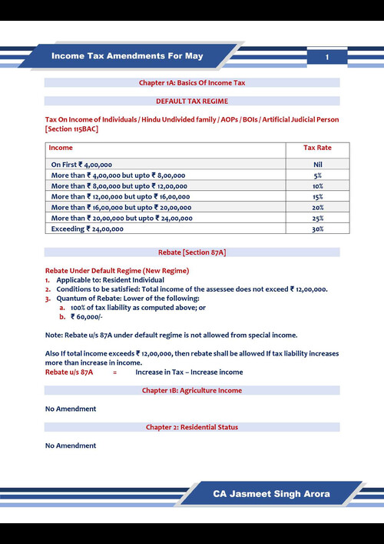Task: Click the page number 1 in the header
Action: (327, 58)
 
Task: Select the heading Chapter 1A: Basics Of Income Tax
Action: (191, 82)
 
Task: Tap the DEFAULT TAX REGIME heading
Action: (191, 101)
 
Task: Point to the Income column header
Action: (61, 147)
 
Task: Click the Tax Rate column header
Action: (317, 147)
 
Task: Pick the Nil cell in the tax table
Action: (317, 165)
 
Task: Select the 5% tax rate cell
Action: (317, 175)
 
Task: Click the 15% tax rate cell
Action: (317, 197)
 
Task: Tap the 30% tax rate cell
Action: (317, 229)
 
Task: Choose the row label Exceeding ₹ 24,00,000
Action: (81, 229)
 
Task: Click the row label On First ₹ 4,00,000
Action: (81, 165)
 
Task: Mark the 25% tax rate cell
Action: (317, 219)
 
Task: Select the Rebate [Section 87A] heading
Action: (191, 252)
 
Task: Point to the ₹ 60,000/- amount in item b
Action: (85, 316)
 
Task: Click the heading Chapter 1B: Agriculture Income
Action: (191, 391)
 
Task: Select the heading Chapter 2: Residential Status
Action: (191, 427)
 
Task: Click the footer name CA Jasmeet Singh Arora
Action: (273, 493)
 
